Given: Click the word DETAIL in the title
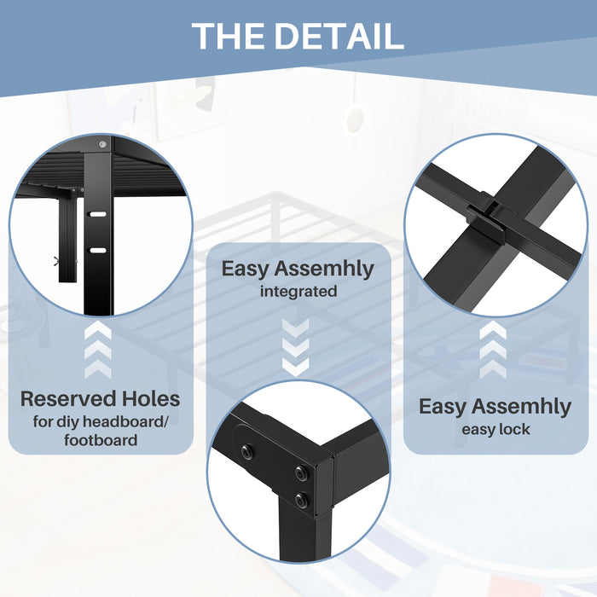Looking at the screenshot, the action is pos(339,36).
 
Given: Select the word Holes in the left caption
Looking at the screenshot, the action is pos(151,398).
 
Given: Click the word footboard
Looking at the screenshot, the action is pos(101,440).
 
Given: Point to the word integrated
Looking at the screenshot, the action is pos(298,292).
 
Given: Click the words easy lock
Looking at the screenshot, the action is pos(496,429).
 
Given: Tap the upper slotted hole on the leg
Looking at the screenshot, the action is pos(97,214).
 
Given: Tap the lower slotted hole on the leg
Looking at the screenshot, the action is pos(97,250).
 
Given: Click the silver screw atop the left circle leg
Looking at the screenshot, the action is pos(102,144).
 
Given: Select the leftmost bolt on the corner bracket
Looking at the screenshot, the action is pos(247,451).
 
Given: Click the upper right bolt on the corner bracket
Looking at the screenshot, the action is pos(302,473).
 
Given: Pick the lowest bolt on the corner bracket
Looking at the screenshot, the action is pos(302,501).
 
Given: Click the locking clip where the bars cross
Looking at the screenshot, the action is pos(487,218).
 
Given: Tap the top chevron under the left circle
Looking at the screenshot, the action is pos(98,330).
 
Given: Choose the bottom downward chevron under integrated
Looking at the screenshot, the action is pos(296,367).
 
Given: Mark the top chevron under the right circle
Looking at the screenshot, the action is pos(493,330).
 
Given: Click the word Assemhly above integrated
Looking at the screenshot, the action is pos(324,269).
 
